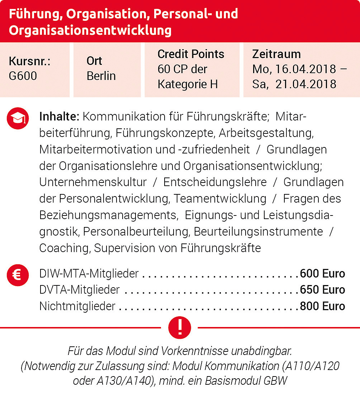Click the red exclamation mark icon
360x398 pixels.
coord(180,327)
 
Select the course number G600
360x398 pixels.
coord(23,76)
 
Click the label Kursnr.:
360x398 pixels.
coord(30,61)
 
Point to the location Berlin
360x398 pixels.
coord(101,76)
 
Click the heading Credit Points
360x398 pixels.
coord(191,54)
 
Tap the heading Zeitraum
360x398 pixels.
coord(276,54)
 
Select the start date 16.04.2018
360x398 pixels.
coord(305,69)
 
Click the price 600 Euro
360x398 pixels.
coord(322,274)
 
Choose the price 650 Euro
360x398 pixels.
coord(322,290)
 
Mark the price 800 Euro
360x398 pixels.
coord(322,306)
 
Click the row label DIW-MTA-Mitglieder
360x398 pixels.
coord(89,274)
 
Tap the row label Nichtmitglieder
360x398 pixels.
coord(77,306)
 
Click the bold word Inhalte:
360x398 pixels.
coord(59,117)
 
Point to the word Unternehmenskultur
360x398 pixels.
coord(93,182)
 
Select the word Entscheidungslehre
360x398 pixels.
coord(215,182)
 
